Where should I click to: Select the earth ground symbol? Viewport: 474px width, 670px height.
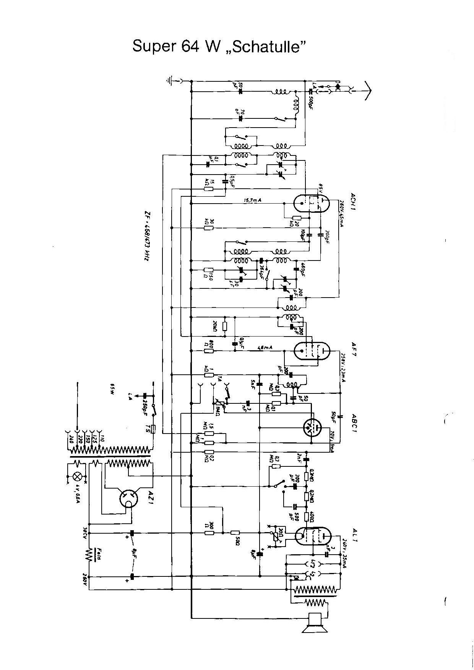point(170,81)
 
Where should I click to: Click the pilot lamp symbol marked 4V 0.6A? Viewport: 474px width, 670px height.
point(78,477)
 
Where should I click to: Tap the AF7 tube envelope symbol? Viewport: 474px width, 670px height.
point(312,351)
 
